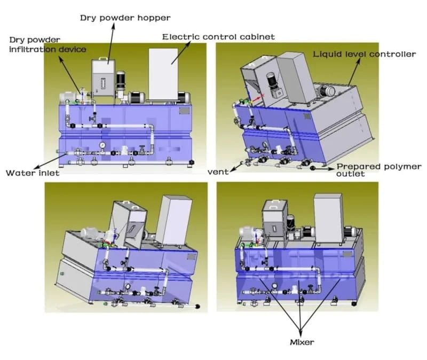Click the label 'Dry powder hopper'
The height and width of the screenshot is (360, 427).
click(x=125, y=18)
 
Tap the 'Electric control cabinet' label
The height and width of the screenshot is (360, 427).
click(x=218, y=37)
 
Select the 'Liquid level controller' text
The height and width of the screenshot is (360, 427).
click(x=365, y=54)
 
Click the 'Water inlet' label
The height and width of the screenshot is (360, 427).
click(x=33, y=173)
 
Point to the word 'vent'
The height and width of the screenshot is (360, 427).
click(x=218, y=172)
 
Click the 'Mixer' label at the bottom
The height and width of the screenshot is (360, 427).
click(x=302, y=342)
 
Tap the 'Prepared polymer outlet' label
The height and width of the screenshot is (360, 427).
click(x=379, y=170)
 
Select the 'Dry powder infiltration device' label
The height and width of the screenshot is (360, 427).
click(x=48, y=44)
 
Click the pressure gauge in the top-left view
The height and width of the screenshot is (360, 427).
click(x=102, y=145)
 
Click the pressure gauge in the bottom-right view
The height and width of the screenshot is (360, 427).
click(x=274, y=286)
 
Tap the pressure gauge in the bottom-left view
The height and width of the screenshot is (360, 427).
click(x=127, y=286)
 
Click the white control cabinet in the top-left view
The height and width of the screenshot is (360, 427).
click(x=163, y=74)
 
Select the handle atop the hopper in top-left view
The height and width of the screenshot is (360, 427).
click(x=103, y=58)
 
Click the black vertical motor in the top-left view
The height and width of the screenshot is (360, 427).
click(x=121, y=81)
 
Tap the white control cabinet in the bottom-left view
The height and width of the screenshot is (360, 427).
click(x=173, y=220)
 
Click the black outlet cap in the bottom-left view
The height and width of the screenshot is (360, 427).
click(x=197, y=307)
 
